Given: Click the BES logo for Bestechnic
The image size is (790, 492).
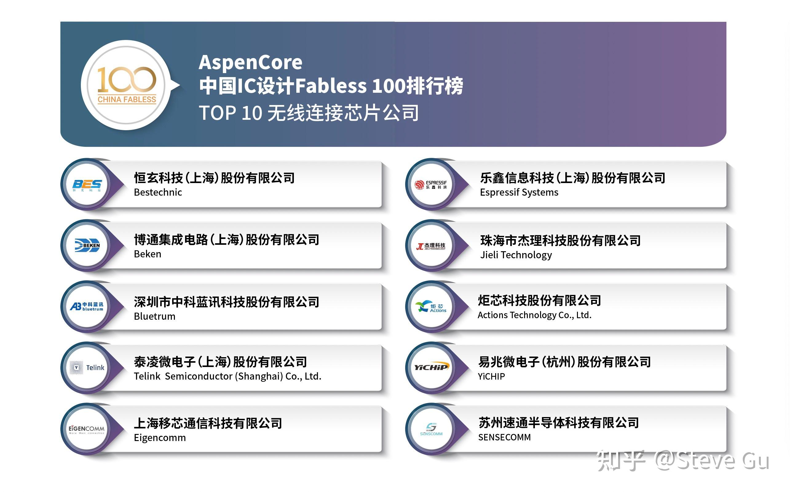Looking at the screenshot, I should point(87,185).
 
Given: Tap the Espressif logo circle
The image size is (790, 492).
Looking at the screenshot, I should point(431,185).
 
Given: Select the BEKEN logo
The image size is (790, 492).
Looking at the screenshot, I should point(87,245).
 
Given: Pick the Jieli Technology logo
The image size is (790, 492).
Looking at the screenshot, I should point(431,246).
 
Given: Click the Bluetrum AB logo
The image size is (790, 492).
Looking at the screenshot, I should point(87,307).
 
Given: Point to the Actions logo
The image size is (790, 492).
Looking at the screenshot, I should point(431,307).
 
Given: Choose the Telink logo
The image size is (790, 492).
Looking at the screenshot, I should point(87,368).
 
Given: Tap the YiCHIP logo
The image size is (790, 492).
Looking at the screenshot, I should point(431,368).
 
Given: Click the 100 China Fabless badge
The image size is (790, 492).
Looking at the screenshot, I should point(127,85).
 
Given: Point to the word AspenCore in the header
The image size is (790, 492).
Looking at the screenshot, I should point(251,62).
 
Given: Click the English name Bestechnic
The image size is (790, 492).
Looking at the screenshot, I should point(158,192).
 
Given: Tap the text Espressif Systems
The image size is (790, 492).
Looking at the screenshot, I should point(519,192).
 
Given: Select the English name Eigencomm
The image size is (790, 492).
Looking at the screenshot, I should point(160,438).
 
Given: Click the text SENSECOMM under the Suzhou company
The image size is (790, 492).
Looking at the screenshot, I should point(504,437).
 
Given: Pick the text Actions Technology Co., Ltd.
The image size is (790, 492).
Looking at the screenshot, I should point(534,315).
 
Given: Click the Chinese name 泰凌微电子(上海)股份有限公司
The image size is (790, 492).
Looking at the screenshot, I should point(220,362).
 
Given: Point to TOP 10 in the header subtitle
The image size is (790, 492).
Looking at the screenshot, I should point(230,113).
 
